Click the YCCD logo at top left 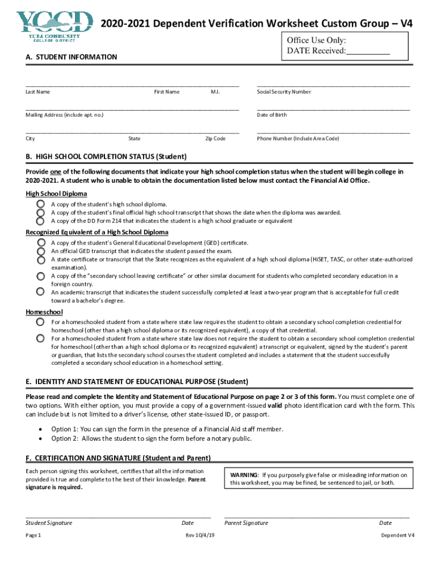click(x=55, y=26)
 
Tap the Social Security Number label click(x=284, y=92)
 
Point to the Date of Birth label click(x=272, y=115)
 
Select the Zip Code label click(x=215, y=138)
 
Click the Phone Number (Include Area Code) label click(x=297, y=138)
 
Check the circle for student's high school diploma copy click(x=41, y=204)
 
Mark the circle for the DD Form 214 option click(x=41, y=221)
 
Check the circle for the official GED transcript click(x=41, y=251)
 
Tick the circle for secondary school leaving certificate click(x=41, y=276)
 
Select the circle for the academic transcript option click(x=41, y=292)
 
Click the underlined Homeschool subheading click(x=44, y=312)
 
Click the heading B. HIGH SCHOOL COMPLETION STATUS click(x=106, y=157)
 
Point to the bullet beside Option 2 click(x=40, y=438)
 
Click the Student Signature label click(x=49, y=523)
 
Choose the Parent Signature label click(x=246, y=523)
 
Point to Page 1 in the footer click(x=33, y=535)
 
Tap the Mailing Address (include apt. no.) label click(x=65, y=115)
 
